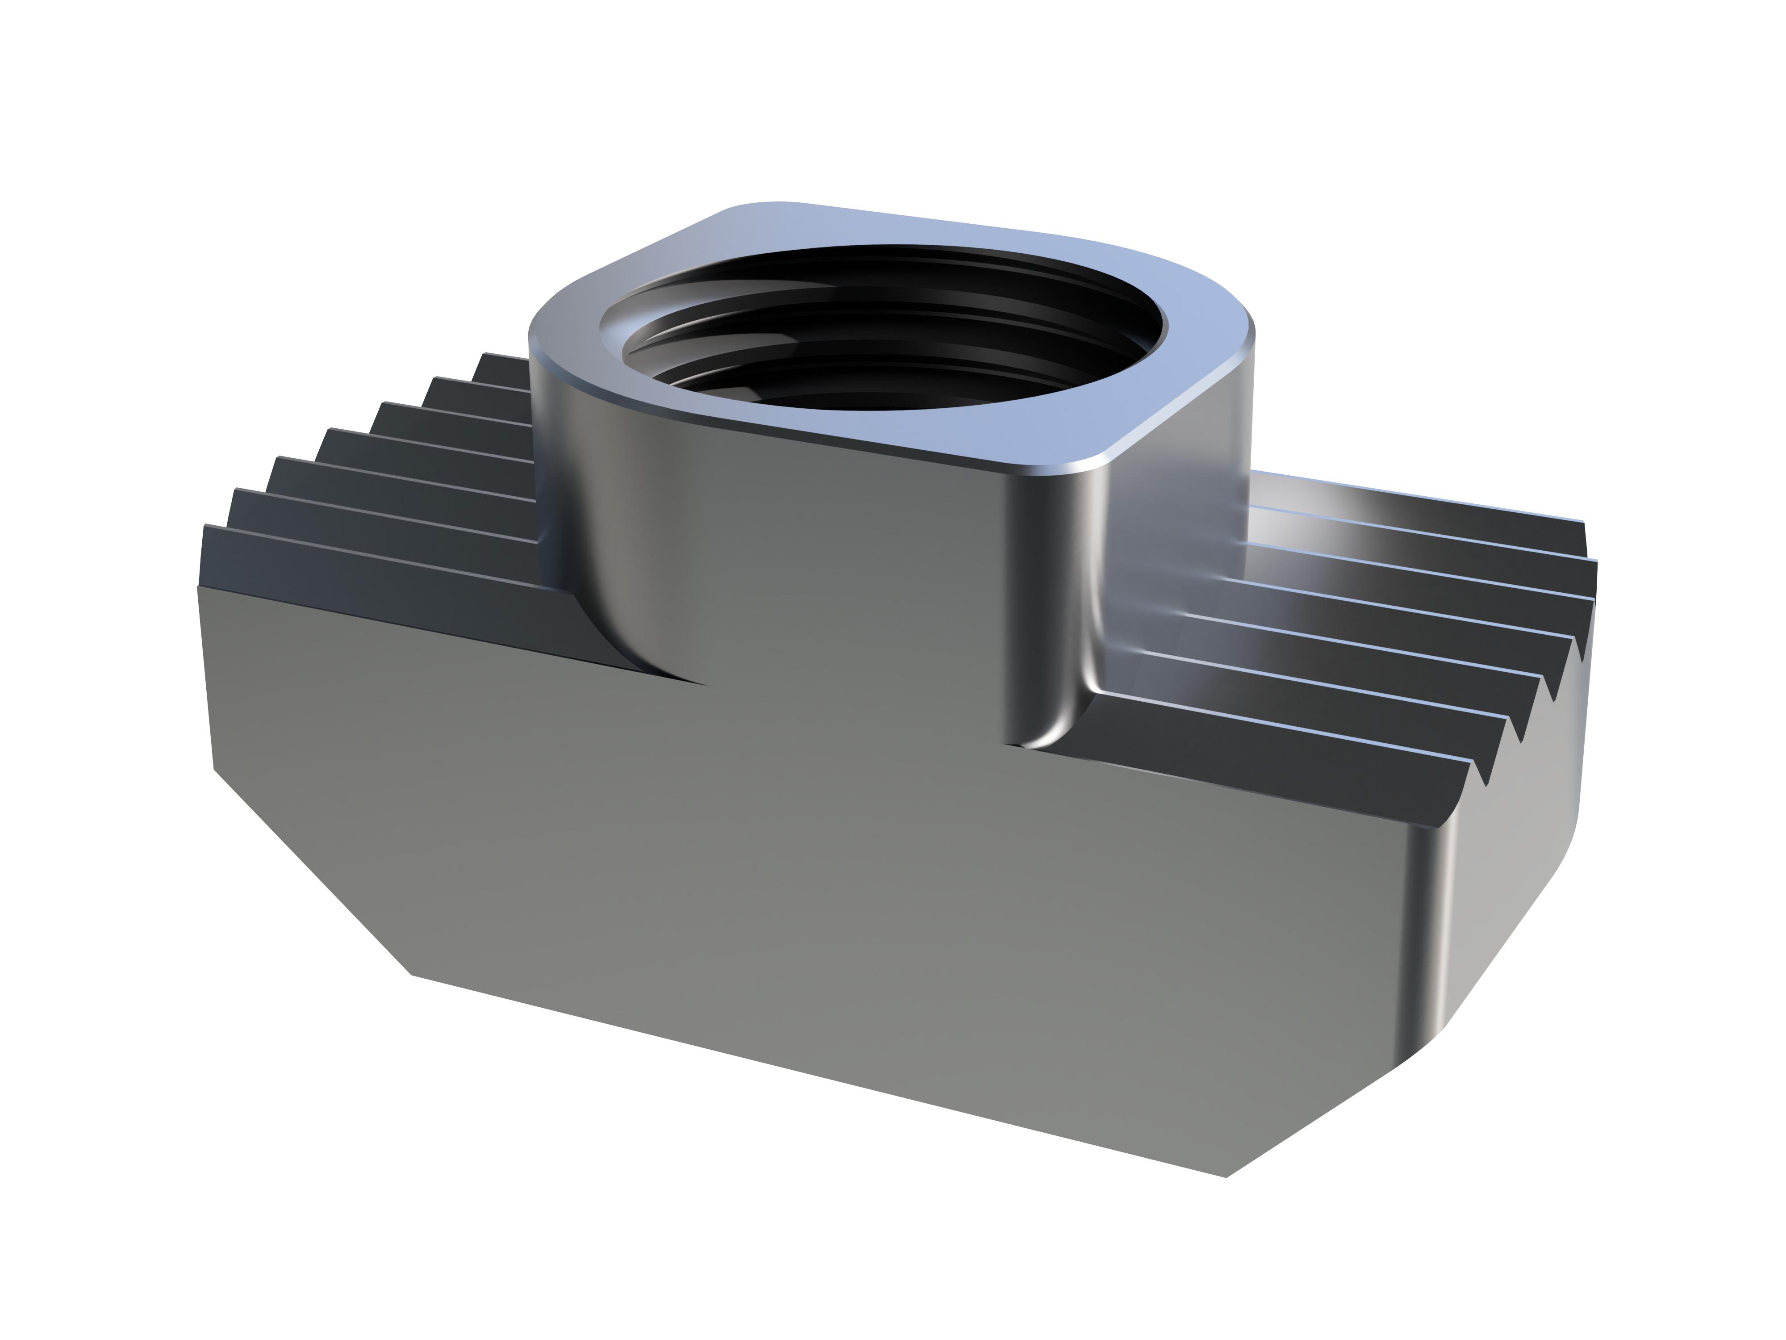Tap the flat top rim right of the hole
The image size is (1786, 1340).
(x=1203, y=356)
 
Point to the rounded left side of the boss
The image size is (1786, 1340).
(x=565, y=485)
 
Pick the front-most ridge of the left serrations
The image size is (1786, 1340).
(x=363, y=557)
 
